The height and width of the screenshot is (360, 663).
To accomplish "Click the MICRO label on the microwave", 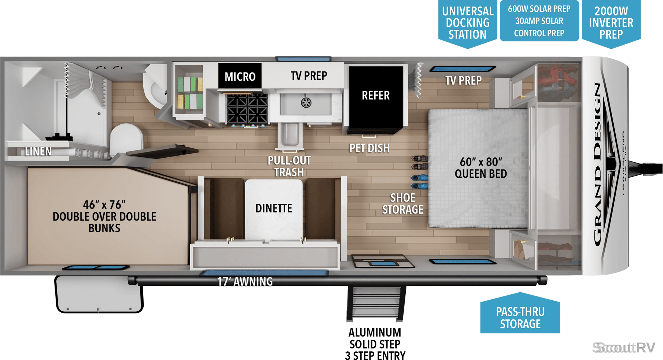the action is click(x=240, y=76).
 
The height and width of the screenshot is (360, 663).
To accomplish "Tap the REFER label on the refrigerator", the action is click(x=376, y=95).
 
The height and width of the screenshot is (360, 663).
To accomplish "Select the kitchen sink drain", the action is click(x=306, y=103).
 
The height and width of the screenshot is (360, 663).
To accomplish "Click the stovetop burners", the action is click(x=247, y=109).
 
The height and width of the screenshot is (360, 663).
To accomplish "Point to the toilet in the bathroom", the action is click(x=126, y=141).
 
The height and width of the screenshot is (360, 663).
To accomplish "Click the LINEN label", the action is click(x=38, y=151).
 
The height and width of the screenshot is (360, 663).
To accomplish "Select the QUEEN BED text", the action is click(x=481, y=174).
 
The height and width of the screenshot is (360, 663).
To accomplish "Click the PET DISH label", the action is click(x=369, y=148).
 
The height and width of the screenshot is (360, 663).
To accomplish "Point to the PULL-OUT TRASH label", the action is click(x=289, y=166).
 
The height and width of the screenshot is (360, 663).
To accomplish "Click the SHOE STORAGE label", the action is click(x=403, y=204).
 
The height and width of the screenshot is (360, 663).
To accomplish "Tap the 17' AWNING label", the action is click(x=245, y=282).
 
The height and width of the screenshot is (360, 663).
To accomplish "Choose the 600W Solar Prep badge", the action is click(x=539, y=21).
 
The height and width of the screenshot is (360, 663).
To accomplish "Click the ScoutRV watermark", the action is click(x=624, y=348).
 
